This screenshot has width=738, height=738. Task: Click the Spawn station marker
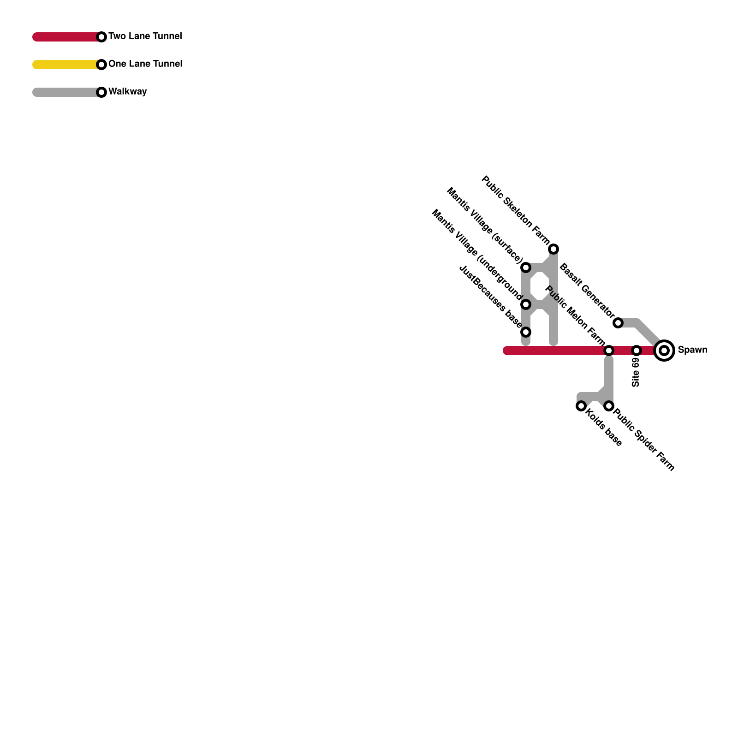(x=664, y=351)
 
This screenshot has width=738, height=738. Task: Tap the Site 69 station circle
(x=637, y=351)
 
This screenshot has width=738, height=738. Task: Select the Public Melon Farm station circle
(x=609, y=351)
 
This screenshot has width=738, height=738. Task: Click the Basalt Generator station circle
(x=618, y=323)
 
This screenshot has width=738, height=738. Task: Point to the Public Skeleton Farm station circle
(x=553, y=249)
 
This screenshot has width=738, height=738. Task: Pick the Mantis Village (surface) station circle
(x=526, y=268)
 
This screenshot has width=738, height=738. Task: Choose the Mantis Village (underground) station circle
(x=526, y=304)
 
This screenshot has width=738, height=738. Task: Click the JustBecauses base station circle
(x=526, y=332)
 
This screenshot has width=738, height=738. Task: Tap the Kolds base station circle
(x=581, y=406)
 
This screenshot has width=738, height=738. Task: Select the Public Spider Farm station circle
(x=609, y=406)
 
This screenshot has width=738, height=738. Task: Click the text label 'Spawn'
(x=692, y=350)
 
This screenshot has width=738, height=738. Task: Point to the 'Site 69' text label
(x=636, y=372)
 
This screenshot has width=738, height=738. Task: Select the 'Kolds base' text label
(x=604, y=428)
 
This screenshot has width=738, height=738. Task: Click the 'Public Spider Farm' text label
(x=644, y=440)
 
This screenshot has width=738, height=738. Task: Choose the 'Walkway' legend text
(x=127, y=91)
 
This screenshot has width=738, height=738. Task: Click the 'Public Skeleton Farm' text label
(x=515, y=210)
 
